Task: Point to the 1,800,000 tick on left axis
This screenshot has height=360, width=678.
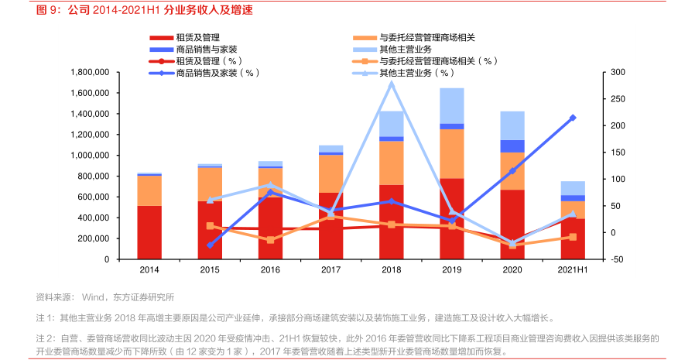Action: click(88, 72)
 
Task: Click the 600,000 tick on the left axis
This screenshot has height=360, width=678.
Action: click(92, 197)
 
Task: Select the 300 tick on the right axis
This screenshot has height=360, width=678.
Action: click(618, 72)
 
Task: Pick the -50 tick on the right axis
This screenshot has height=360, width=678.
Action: click(617, 259)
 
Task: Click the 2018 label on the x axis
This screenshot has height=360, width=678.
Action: click(391, 270)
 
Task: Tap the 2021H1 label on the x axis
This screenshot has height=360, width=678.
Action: click(573, 270)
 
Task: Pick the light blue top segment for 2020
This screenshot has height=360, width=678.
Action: click(512, 125)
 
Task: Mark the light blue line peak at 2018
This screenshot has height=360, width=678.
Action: click(391, 83)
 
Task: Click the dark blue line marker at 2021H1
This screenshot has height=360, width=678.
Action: click(573, 118)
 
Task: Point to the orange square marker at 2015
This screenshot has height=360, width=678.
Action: click(210, 226)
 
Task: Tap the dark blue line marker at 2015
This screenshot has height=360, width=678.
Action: click(210, 245)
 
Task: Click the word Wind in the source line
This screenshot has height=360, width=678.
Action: click(93, 297)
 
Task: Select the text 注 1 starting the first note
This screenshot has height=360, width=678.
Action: click(45, 317)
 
